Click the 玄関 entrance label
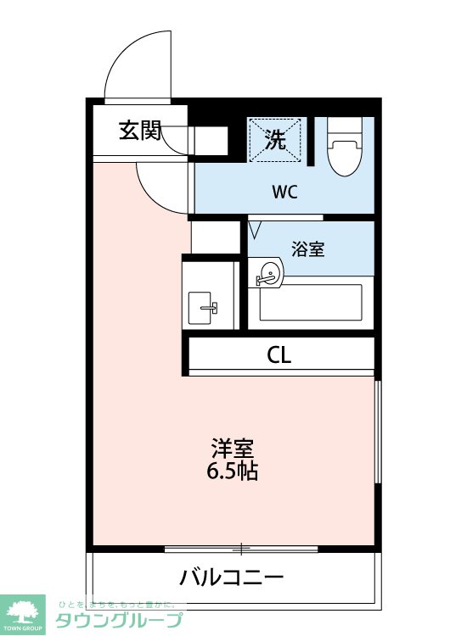click(140, 131)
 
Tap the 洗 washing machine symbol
click(275, 140)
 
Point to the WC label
click(284, 192)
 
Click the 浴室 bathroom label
click(308, 248)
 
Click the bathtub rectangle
click(311, 302)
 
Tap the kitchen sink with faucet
click(200, 308)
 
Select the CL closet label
click(279, 355)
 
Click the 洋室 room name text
click(233, 449)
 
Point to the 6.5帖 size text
click(233, 471)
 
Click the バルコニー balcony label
click(232, 577)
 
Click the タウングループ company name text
click(119, 620)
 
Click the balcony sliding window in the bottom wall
click(241, 549)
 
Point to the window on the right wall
click(378, 432)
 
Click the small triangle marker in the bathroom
click(255, 229)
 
